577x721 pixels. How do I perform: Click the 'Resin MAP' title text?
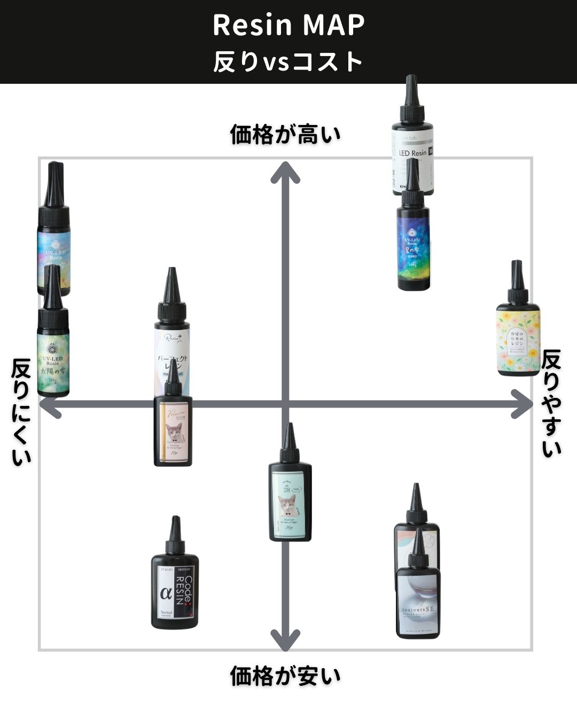pyautogui.click(x=288, y=25)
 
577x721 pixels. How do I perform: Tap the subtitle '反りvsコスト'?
pyautogui.click(x=288, y=61)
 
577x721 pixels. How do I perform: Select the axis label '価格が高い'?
pyautogui.click(x=285, y=135)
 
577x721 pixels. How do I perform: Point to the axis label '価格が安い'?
pyautogui.click(x=285, y=676)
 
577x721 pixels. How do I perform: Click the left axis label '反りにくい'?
pyautogui.click(x=21, y=412)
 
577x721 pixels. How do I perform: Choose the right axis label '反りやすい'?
pyautogui.click(x=551, y=403)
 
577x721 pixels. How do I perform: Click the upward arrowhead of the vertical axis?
pyautogui.click(x=285, y=171)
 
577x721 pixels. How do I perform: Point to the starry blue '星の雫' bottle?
pyautogui.click(x=413, y=246)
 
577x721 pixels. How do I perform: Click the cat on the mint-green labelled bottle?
pyautogui.click(x=288, y=505)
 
